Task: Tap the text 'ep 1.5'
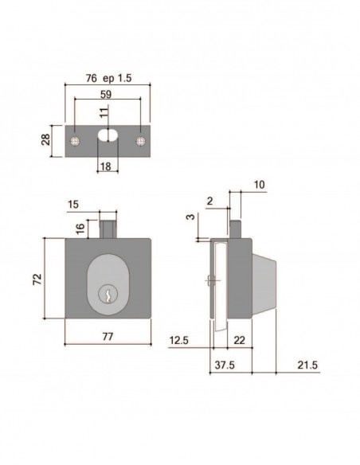[x=119, y=78]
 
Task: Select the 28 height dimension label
[x=45, y=141]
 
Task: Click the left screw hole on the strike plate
[x=74, y=141]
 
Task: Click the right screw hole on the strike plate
[x=141, y=141]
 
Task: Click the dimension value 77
[x=108, y=338]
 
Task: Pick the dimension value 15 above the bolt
[x=73, y=205]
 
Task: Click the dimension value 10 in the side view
[x=261, y=185]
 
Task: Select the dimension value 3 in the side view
[x=192, y=216]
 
